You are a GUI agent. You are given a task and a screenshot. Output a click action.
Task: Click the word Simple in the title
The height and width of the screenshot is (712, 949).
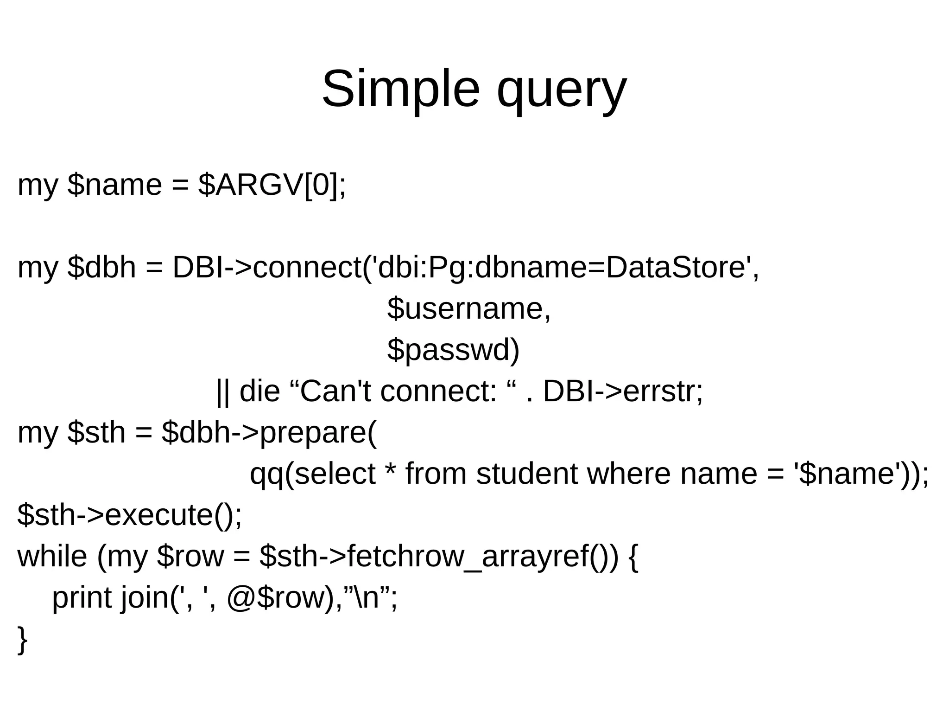pyautogui.click(x=400, y=89)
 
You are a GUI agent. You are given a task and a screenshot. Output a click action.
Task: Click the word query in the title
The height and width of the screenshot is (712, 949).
pyautogui.click(x=561, y=90)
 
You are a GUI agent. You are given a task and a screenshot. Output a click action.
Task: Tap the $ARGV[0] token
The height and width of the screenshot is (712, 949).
pyautogui.click(x=272, y=185)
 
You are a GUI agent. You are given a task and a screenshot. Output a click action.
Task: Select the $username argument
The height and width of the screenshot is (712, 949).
pyautogui.click(x=469, y=308)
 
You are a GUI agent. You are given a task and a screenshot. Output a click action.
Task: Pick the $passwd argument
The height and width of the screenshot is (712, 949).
pyautogui.click(x=453, y=350)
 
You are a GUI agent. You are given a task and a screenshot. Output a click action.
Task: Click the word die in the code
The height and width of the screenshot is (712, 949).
pyautogui.click(x=259, y=391)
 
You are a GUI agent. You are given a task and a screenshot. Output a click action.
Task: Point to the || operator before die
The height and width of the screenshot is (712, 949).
pyautogui.click(x=223, y=392)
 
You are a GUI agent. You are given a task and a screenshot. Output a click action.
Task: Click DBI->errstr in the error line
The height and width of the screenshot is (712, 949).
pyautogui.click(x=623, y=391)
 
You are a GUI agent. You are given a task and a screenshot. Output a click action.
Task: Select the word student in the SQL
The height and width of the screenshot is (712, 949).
pyautogui.click(x=527, y=474)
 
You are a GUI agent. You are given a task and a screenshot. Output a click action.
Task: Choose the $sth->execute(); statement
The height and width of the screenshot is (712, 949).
pyautogui.click(x=130, y=515)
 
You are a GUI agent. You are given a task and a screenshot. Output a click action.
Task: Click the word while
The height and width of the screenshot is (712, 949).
pyautogui.click(x=52, y=556)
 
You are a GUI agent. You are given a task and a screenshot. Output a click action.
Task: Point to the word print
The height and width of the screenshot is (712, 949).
pyautogui.click(x=82, y=597)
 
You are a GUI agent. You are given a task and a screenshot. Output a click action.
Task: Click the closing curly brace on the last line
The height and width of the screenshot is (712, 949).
pyautogui.click(x=22, y=640)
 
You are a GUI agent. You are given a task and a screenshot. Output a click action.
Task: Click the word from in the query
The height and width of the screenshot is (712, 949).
pyautogui.click(x=436, y=474)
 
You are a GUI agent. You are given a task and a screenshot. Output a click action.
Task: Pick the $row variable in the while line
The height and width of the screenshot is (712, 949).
pyautogui.click(x=190, y=556)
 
